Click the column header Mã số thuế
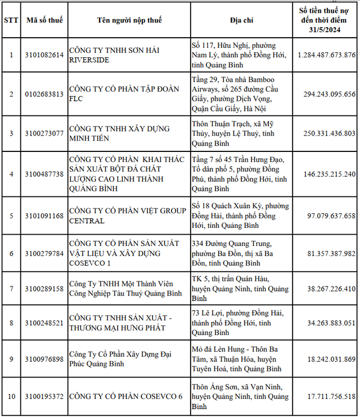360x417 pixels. point(44,20)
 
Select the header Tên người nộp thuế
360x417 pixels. point(129,20)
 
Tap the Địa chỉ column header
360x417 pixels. point(241,20)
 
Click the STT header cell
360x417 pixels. point(11,20)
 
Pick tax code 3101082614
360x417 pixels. point(44,55)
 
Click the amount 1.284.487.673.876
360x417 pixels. point(326,55)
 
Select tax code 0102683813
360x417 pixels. point(44,94)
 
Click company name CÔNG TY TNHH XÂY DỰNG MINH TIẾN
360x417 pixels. point(119,133)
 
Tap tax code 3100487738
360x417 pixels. point(44,174)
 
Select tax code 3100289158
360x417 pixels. point(44,289)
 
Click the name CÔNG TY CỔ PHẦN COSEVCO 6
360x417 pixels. point(125,396)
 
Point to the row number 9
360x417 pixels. point(11,359)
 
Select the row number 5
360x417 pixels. point(11,216)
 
